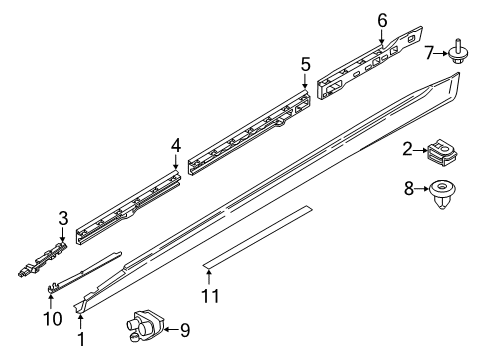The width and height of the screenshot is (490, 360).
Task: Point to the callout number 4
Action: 176,146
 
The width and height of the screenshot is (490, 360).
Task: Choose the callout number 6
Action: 382,19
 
